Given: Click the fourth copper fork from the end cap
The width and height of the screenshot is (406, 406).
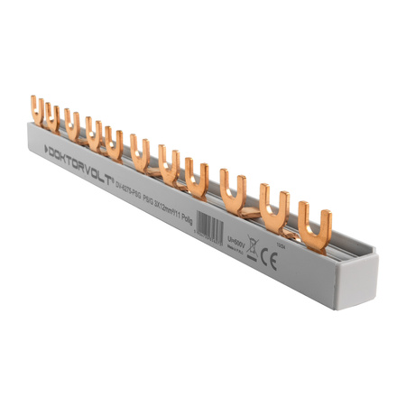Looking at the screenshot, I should [198, 177].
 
